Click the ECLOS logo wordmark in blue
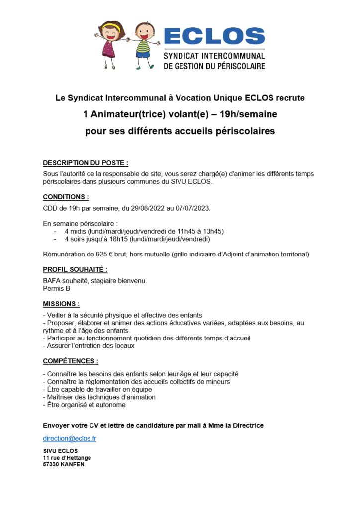214,36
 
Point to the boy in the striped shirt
143,42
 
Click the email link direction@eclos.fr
70,438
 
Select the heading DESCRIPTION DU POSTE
86,163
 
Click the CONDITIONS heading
66,197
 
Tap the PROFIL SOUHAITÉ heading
75,269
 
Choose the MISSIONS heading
61,304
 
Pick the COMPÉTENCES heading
71,361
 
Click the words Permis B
57,288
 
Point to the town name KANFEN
73,464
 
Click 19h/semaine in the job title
245,115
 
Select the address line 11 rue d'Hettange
67,457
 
